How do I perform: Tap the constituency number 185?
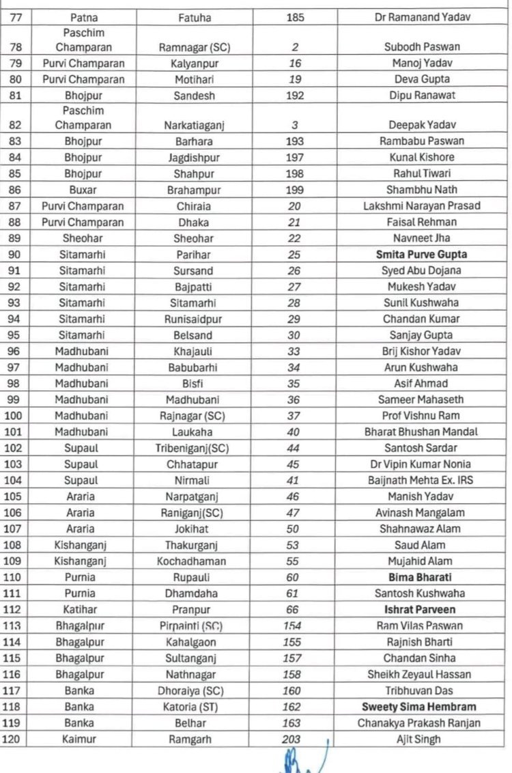tap(295, 16)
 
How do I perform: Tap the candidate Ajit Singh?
tap(418, 739)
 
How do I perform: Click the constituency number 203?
tap(291, 739)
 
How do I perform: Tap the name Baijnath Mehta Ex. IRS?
tap(418, 480)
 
